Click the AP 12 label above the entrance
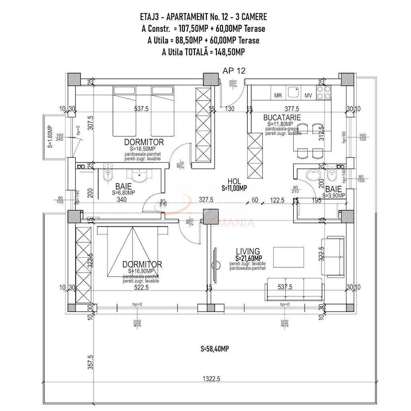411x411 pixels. tap(234, 71)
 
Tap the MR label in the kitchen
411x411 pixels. tap(278, 96)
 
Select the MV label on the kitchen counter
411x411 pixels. tap(308, 96)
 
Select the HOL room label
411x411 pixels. tap(234, 181)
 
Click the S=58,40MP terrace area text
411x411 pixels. tap(215, 349)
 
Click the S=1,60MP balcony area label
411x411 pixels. tap(50, 137)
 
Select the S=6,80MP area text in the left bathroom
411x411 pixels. tap(124, 193)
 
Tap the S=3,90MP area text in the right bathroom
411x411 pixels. tap(333, 195)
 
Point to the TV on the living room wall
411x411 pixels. tap(215, 265)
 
